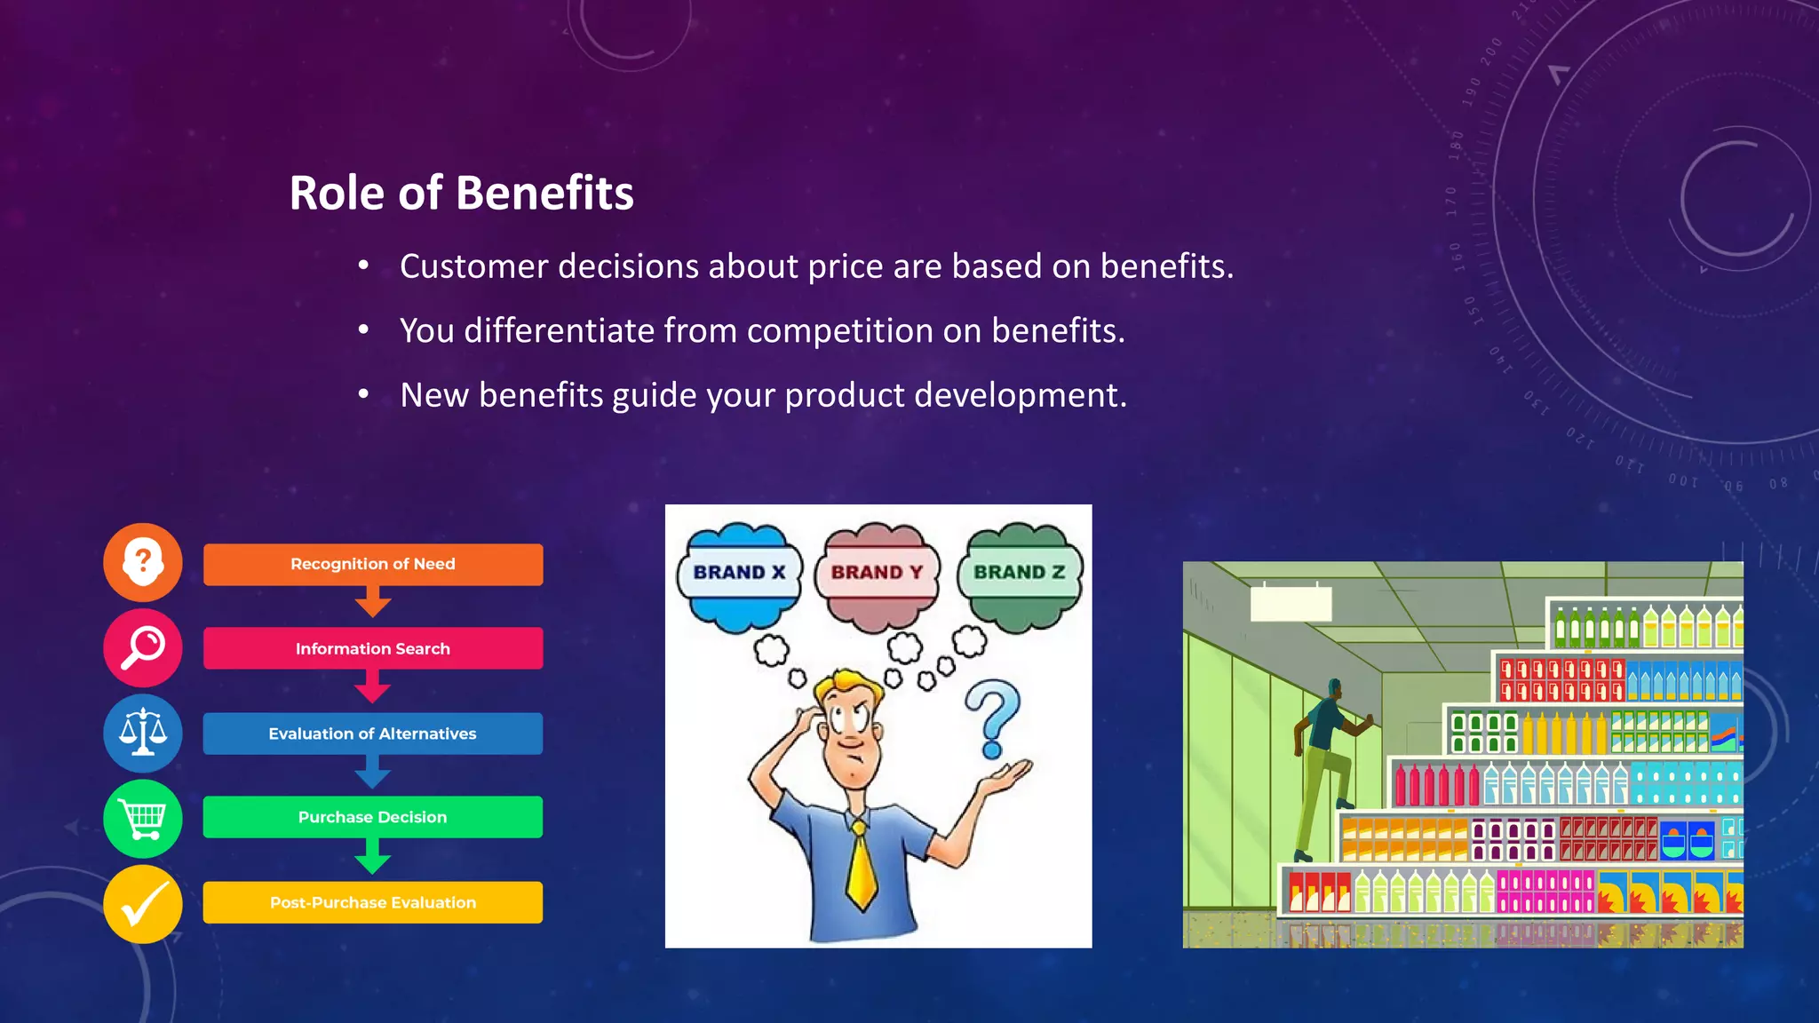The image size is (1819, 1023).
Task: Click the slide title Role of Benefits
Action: [x=461, y=193]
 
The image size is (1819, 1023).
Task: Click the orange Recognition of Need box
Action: [x=372, y=565]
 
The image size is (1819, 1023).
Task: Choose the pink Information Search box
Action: [x=372, y=649]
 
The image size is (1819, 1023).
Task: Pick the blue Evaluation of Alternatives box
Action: [x=372, y=734]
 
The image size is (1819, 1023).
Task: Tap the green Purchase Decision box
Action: [x=372, y=817]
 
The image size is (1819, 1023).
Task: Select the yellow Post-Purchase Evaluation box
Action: [x=372, y=902]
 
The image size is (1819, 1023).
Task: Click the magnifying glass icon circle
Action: [x=143, y=647]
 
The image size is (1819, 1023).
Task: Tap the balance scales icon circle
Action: [x=143, y=733]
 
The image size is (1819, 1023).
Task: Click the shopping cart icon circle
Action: [x=143, y=818]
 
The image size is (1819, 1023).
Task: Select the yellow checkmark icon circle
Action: [x=143, y=904]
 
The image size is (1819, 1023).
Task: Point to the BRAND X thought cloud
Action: [x=739, y=573]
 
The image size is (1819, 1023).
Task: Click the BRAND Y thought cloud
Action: [x=877, y=573]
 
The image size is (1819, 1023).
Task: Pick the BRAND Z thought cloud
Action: [x=1019, y=573]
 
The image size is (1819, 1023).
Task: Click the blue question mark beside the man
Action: [x=994, y=716]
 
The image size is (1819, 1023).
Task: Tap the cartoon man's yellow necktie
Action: [x=861, y=866]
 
